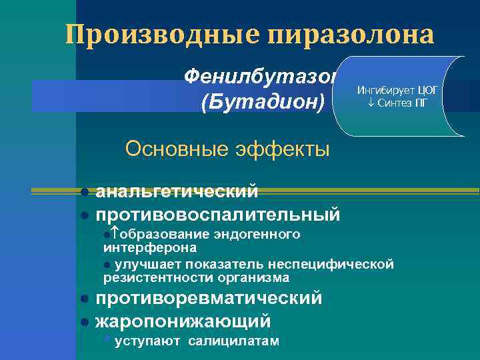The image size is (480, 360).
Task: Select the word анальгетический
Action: tap(177, 192)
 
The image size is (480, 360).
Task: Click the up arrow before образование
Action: tap(114, 235)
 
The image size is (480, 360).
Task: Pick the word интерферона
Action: tap(150, 247)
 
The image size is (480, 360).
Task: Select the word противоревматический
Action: tap(209, 298)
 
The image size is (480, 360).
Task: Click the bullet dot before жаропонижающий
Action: tap(85, 322)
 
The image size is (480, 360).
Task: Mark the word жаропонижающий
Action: tap(183, 321)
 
